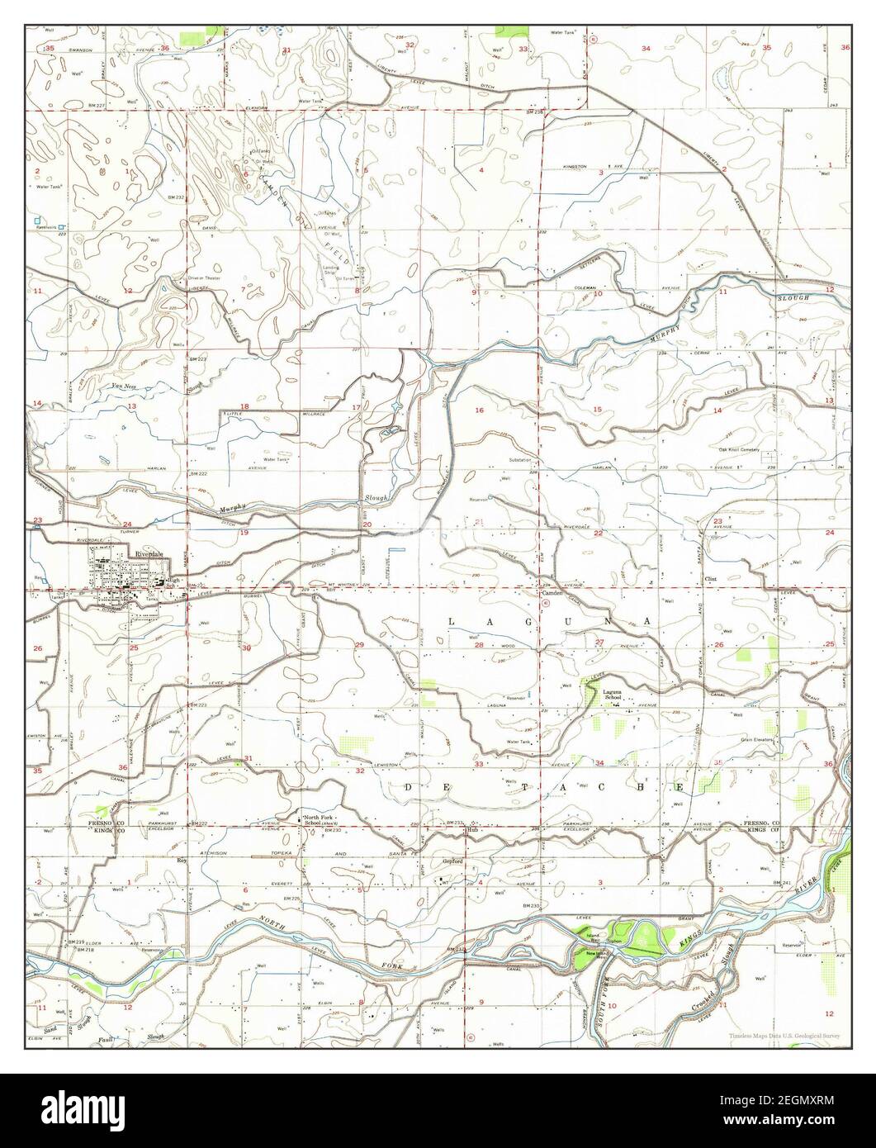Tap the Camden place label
[x=551, y=593]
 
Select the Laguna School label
[x=612, y=694]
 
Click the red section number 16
[x=478, y=410]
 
